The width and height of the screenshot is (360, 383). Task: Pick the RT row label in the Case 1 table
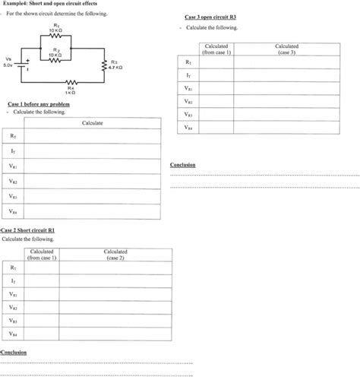coord(14,137)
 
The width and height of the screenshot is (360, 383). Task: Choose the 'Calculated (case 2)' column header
coord(115,254)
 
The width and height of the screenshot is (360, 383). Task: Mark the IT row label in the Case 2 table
coord(14,281)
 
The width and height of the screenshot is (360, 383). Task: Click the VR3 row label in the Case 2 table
coord(14,321)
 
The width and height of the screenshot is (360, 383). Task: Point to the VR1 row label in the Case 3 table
coord(188,88)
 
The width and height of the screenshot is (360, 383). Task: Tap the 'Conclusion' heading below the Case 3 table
coord(183,165)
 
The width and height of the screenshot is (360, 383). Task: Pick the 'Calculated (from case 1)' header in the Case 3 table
coord(218,49)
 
